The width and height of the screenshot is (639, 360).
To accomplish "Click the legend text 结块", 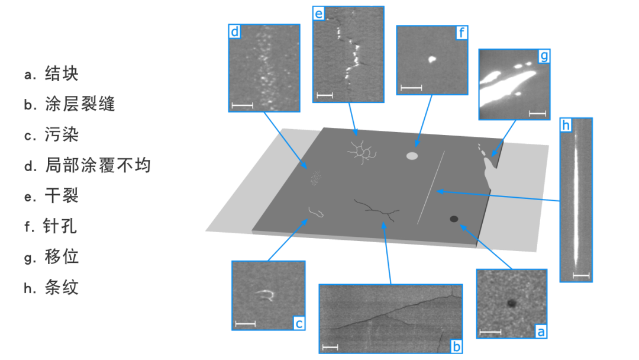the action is point(61,74).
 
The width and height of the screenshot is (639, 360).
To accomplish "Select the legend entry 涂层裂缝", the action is point(79,104).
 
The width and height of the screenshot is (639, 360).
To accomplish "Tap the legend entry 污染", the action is point(61,134).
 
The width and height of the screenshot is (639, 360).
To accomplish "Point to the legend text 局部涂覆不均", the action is point(98,165).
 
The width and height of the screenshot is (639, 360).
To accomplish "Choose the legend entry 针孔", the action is point(60,226).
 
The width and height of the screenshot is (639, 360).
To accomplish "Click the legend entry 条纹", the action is point(61,287).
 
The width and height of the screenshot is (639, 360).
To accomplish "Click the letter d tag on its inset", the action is point(235,31).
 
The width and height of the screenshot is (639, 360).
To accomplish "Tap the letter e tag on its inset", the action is point(319,14).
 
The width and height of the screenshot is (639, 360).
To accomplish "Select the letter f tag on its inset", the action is point(461,32).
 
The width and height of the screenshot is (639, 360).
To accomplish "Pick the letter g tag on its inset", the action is point(544,56).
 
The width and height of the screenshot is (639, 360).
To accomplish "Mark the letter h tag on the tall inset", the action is point(566,125).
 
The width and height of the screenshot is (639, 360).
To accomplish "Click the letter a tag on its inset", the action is point(541,332).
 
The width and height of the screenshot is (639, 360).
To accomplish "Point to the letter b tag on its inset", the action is point(456,346).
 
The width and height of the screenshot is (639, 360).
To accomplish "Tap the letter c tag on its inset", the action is point(299,323).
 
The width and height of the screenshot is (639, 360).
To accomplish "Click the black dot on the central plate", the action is point(454,219).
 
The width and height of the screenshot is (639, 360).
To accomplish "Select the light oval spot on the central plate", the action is point(412,156).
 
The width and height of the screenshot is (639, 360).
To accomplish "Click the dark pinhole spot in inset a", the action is point(511,303).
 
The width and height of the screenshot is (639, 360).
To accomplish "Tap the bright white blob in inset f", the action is point(432,60).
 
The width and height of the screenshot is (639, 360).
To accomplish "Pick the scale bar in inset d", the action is point(242,105).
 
